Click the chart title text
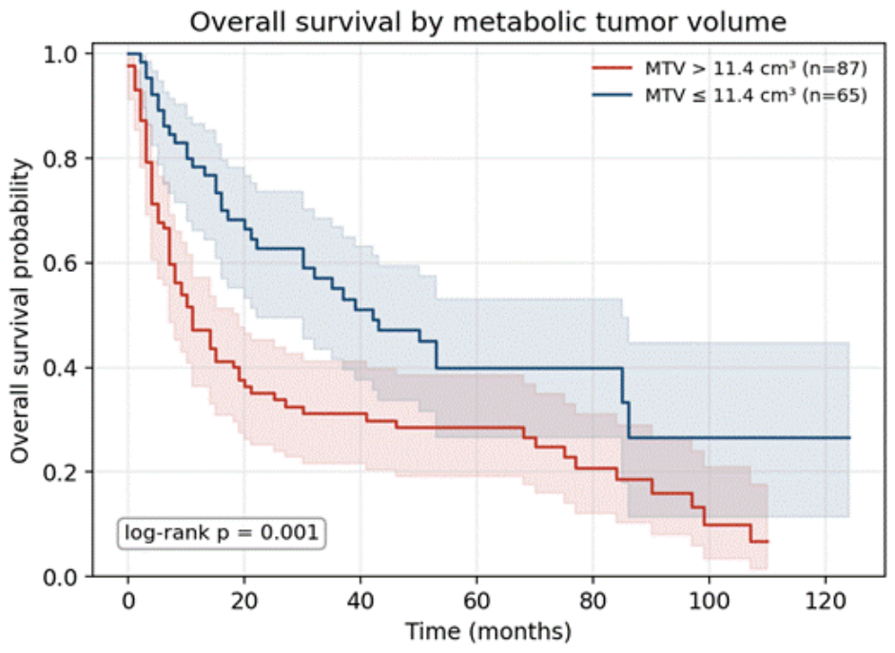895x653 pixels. coord(488,22)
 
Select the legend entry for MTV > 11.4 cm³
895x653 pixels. coord(730,68)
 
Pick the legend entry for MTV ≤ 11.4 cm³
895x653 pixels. coord(730,95)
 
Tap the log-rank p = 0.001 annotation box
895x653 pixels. coord(222,533)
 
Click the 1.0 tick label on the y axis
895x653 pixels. coord(62,54)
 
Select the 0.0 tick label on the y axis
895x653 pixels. coord(62,577)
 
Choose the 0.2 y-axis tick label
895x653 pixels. coord(62,472)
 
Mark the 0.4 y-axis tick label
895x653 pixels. coord(62,368)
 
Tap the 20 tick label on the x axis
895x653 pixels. coord(244,601)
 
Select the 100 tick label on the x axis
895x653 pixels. coord(709,601)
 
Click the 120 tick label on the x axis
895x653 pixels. coord(826,601)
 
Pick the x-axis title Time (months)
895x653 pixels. coord(489,632)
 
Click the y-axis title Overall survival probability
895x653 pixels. coord(20,311)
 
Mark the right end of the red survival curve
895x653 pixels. coord(768,541)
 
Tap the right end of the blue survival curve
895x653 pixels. coord(849,437)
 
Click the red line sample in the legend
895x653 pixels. coord(613,68)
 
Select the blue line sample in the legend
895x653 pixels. coord(613,95)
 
